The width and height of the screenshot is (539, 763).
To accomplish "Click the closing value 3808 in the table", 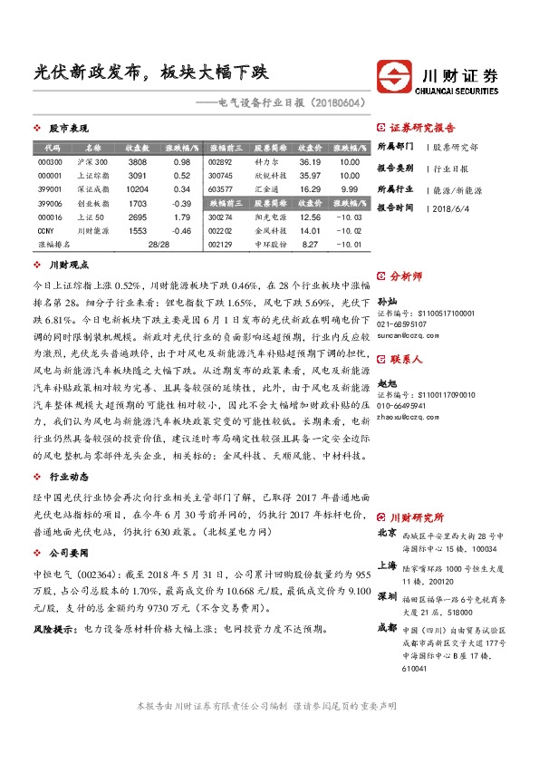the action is (x=137, y=161).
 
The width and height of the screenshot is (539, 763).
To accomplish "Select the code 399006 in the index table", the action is (x=51, y=204).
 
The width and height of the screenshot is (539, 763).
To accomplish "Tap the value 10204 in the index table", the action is (x=137, y=189).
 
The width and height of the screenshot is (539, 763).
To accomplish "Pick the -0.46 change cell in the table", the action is (x=181, y=231).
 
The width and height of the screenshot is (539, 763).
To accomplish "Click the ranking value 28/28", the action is (x=158, y=245).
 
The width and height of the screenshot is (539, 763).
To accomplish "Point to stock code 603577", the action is (x=220, y=189).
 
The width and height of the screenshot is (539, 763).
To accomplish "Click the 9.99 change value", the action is (x=350, y=189).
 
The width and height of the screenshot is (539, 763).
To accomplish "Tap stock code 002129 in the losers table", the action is (x=220, y=245).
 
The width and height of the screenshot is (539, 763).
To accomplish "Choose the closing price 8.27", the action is (x=310, y=245).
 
